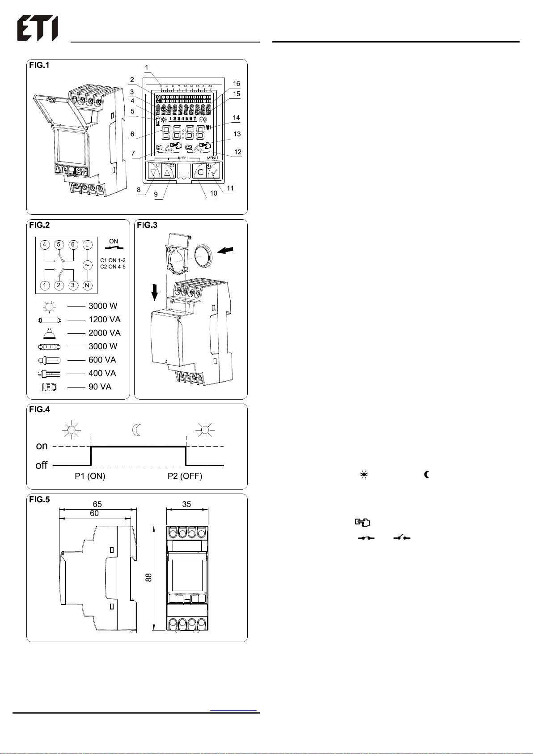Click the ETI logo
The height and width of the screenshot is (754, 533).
coord(38,30)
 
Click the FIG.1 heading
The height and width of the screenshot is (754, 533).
coord(39,65)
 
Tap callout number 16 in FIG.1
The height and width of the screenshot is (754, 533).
coord(237,84)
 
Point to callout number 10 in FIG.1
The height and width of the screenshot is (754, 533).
coord(214,193)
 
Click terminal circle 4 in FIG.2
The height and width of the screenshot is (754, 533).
coord(45,245)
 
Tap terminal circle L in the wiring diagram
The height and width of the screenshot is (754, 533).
coord(88,245)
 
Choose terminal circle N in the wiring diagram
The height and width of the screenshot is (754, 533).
coord(88,285)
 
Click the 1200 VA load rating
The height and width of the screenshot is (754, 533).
coord(104,319)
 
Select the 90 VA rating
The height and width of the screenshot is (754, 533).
coord(100,387)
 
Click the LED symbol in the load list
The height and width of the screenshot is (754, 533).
coord(49,387)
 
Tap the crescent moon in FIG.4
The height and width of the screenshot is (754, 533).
coord(137,430)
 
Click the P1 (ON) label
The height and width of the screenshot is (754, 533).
coord(90,476)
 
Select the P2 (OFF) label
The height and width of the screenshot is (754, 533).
coord(185,476)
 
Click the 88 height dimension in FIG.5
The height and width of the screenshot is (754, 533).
coord(149,577)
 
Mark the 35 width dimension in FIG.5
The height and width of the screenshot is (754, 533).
coord(186,504)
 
